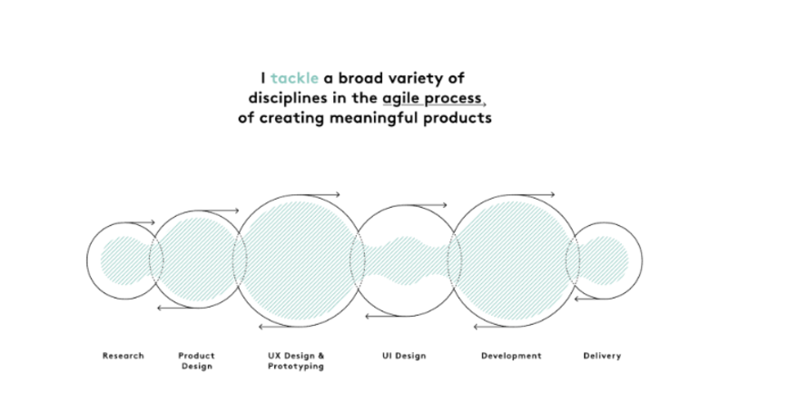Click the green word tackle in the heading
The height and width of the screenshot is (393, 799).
click(x=294, y=78)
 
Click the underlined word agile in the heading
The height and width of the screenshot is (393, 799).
click(x=402, y=99)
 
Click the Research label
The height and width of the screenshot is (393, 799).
click(x=123, y=356)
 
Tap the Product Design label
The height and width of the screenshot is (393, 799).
click(x=197, y=361)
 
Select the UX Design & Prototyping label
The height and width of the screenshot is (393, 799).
click(x=296, y=361)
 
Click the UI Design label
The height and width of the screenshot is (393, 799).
click(x=404, y=356)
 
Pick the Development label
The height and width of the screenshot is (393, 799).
click(x=511, y=356)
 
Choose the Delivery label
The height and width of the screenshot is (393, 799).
click(x=602, y=356)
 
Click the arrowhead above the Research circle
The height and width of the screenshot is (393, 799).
click(x=153, y=222)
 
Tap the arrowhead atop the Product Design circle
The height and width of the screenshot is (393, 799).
click(x=236, y=211)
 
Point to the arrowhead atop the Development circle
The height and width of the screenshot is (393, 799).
click(x=552, y=194)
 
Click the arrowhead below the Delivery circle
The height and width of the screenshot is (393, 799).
click(x=577, y=299)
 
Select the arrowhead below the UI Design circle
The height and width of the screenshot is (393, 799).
click(x=368, y=316)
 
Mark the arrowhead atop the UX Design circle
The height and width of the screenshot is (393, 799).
click(x=338, y=194)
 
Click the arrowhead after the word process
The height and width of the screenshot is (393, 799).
click(x=484, y=104)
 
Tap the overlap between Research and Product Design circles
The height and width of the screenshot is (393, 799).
click(x=156, y=260)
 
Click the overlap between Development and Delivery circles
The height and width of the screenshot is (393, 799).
click(x=572, y=260)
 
